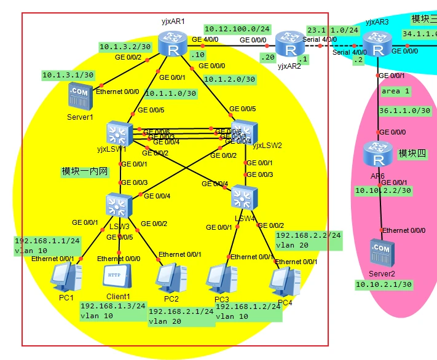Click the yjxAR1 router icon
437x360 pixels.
pos(171,43)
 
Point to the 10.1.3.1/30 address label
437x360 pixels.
pos(68,75)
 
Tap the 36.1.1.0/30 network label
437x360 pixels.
pos(404,111)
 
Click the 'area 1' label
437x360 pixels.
pos(395,91)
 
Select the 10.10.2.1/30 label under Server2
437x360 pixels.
pos(382,284)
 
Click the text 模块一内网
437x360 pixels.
pos(85,171)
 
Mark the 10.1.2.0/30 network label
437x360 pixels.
pos(229,79)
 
